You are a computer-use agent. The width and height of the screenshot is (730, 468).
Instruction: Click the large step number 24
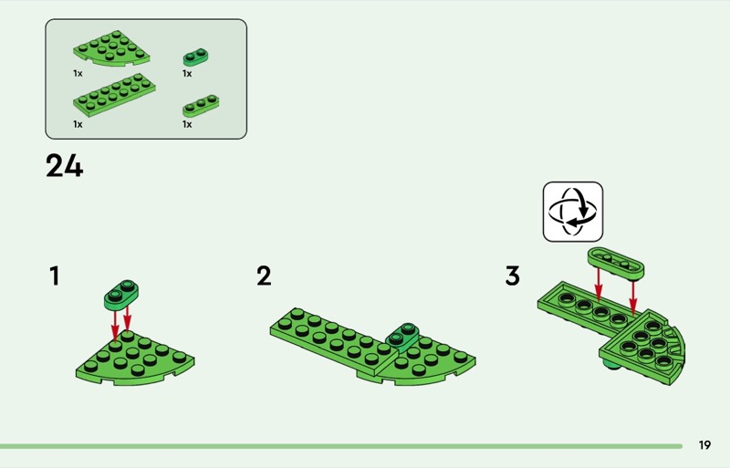[x=64, y=166]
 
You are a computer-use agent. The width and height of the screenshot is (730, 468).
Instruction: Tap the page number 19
[x=704, y=445]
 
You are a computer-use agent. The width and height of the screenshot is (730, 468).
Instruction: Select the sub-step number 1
[x=55, y=276]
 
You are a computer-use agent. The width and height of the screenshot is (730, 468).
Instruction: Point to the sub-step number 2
[x=264, y=276]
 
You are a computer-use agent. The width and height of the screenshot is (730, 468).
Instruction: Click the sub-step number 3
[x=513, y=276]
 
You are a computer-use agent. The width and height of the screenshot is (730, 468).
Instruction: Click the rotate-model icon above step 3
[x=573, y=212]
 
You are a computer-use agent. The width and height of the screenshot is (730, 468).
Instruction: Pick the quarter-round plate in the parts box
[x=111, y=48]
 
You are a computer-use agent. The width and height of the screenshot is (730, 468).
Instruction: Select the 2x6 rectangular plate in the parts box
[x=115, y=95]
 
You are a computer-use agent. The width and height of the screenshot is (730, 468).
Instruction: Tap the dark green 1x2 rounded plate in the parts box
[x=195, y=57]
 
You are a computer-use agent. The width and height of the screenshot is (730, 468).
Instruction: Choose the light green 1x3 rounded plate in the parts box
[x=201, y=106]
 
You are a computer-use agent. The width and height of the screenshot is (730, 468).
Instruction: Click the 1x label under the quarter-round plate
[x=78, y=74]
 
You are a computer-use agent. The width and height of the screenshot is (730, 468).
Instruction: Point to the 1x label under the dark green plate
[x=187, y=74]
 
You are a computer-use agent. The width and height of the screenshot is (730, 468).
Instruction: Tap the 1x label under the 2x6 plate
[x=78, y=124]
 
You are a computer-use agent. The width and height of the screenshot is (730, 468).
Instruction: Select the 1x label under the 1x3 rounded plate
[x=187, y=124]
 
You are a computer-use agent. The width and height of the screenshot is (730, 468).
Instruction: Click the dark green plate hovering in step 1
[x=121, y=295]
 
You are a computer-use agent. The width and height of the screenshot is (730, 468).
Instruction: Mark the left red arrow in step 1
[x=115, y=326]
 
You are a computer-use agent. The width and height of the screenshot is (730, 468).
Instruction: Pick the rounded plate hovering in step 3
[x=615, y=264]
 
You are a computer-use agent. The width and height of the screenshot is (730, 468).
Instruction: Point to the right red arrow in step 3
[x=632, y=296]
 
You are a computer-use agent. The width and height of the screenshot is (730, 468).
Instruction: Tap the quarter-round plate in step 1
[x=136, y=359]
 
